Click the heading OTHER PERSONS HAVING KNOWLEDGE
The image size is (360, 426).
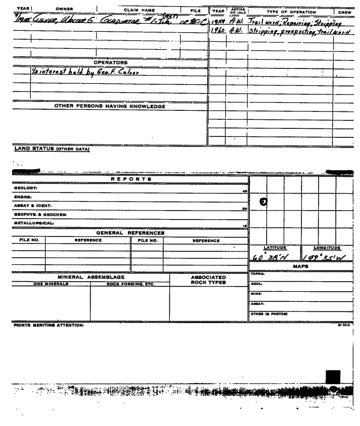coord(110,106)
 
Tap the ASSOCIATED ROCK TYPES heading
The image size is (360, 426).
coord(208,280)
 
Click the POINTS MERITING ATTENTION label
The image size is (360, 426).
coord(37,324)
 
